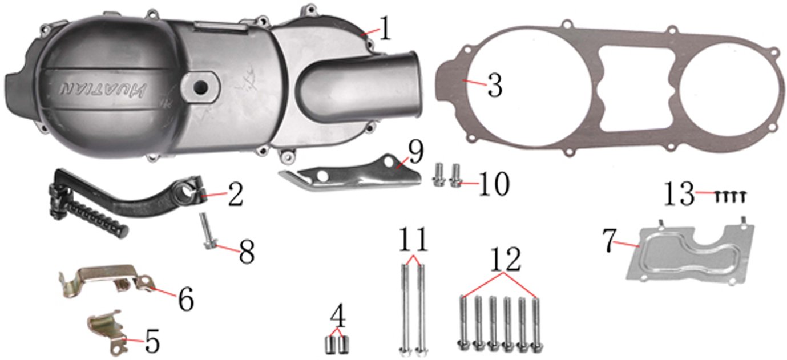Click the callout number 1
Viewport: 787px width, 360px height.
tap(386, 29)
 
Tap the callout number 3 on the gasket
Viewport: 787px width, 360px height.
tap(494, 87)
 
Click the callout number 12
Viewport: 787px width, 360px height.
tap(505, 261)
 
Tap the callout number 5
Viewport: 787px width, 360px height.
tap(151, 341)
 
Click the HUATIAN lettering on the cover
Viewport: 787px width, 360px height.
tap(102, 90)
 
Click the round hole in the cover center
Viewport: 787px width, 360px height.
tap(200, 87)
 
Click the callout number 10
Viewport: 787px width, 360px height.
tap(493, 184)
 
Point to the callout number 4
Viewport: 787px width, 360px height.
tap(338, 315)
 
